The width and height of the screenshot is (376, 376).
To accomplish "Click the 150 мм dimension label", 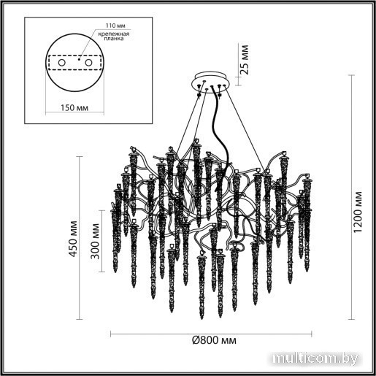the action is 74,107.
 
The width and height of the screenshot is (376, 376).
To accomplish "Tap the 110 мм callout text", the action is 115,26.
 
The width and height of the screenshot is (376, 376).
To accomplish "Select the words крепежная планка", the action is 114,36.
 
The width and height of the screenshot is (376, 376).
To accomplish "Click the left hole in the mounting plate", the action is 61,63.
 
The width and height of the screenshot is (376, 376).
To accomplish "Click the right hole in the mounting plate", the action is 88,63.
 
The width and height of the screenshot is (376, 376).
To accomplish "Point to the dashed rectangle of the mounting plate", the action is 75,55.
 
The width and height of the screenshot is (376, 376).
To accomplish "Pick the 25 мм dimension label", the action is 245,60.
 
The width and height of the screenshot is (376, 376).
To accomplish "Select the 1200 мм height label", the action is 358,212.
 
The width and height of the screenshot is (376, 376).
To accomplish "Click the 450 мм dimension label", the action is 73,239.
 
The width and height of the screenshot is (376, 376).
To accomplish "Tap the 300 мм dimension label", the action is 95,241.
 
